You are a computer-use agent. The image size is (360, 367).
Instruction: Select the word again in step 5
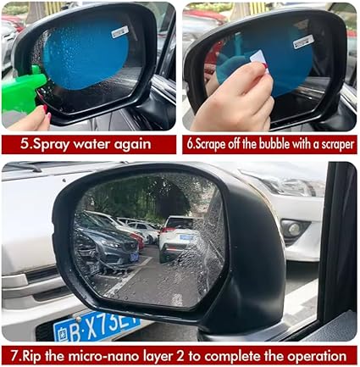pyautogui.click(x=133, y=145)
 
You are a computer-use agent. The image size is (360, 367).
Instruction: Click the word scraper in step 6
pyautogui.click(x=336, y=145)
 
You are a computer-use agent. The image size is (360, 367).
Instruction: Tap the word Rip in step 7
pyautogui.click(x=31, y=356)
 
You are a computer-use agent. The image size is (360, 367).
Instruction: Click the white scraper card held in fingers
pyautogui.click(x=259, y=58)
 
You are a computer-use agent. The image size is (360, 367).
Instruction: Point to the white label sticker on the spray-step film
pyautogui.click(x=120, y=32)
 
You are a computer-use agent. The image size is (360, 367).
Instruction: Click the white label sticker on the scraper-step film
pyautogui.click(x=302, y=42)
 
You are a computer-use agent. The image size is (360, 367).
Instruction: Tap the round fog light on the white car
pyautogui.click(x=294, y=229)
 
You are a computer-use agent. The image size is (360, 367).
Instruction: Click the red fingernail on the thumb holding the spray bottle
pyautogui.click(x=45, y=108)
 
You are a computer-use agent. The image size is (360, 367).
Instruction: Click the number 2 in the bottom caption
pyautogui.click(x=180, y=356)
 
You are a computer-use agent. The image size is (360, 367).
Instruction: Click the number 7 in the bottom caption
pyautogui.click(x=14, y=356)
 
